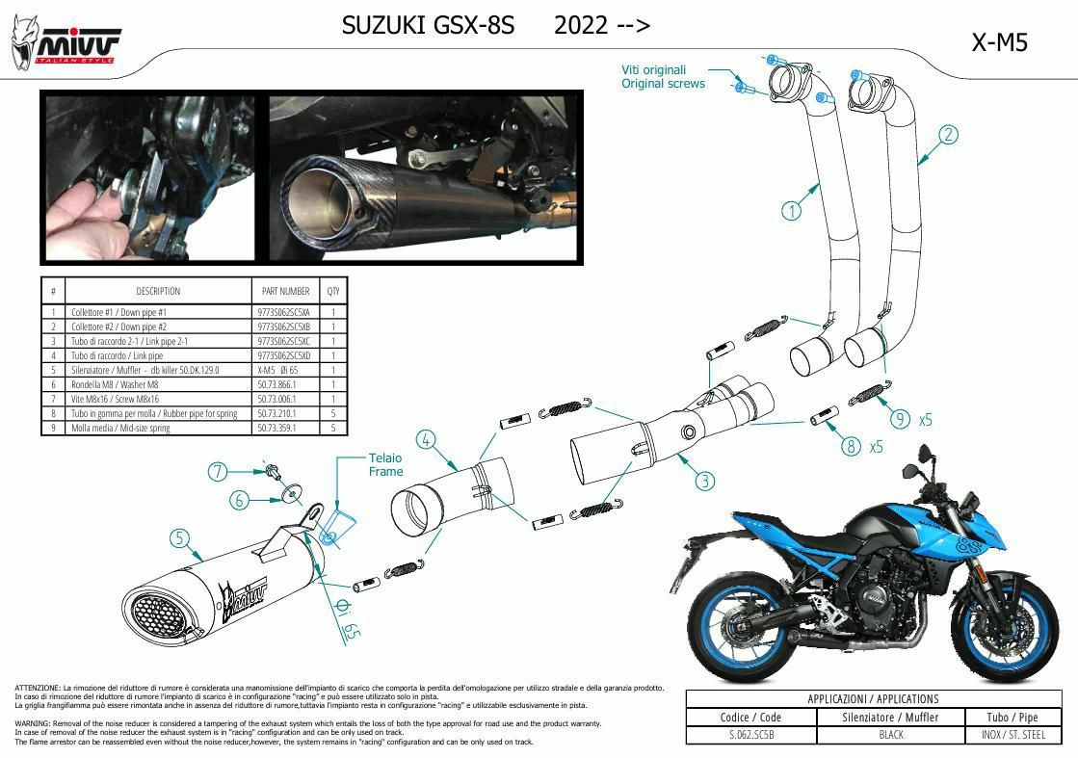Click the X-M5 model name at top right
[x=999, y=43]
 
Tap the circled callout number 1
[x=791, y=210]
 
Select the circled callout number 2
[x=948, y=135]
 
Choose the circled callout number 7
[x=219, y=471]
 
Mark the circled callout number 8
[x=851, y=445]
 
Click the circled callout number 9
[x=900, y=418]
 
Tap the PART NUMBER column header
[x=285, y=291]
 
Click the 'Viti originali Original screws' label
[x=663, y=77]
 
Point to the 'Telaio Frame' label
[x=385, y=464]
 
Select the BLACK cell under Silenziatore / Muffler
[x=890, y=735]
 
